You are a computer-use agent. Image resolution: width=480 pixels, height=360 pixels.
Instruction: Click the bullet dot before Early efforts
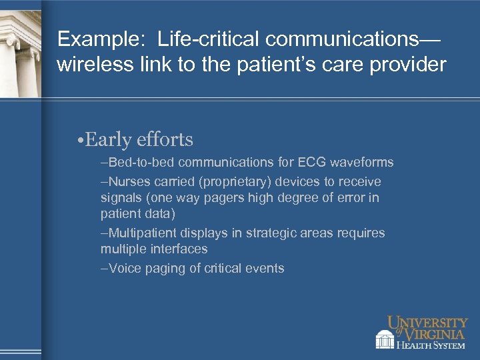79,140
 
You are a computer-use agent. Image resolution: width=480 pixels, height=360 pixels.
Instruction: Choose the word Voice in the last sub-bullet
123,269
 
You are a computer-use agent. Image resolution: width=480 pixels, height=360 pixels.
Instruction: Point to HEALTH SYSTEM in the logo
431,344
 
